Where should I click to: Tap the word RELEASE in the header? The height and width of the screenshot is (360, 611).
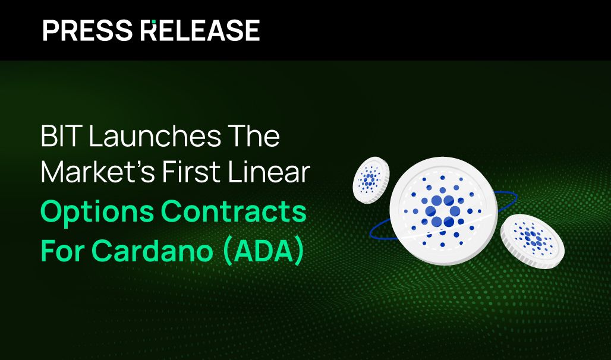pyautogui.click(x=200, y=30)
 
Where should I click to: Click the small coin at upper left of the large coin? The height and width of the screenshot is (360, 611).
pyautogui.click(x=370, y=178)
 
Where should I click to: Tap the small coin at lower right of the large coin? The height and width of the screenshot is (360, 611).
pyautogui.click(x=532, y=241)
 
